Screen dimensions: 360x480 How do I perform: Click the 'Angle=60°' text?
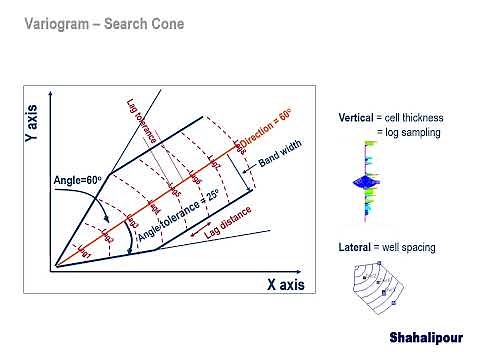(x=77, y=180)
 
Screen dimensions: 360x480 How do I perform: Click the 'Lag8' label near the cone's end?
(x=240, y=147)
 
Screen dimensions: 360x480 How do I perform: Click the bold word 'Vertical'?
(x=356, y=118)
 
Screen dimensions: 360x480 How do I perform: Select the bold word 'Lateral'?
(x=355, y=246)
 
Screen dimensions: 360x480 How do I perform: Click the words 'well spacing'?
(x=411, y=246)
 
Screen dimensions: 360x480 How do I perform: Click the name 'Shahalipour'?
(x=426, y=338)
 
